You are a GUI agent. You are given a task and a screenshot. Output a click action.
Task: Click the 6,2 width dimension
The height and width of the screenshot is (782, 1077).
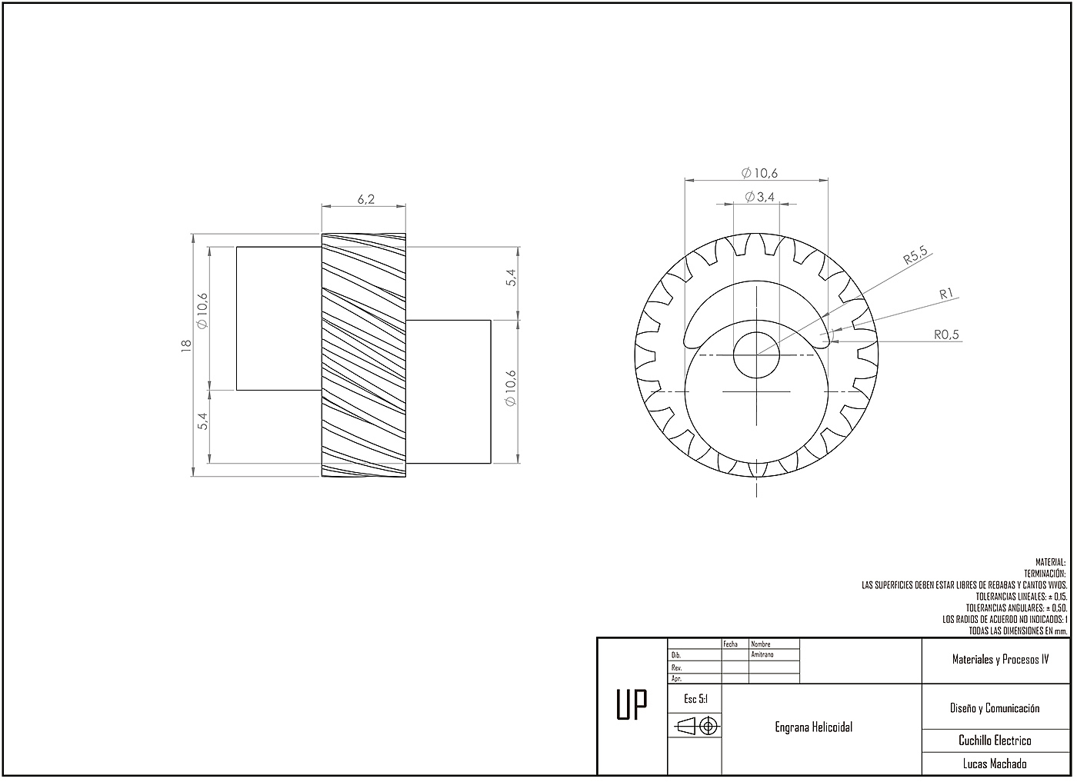point(365,199)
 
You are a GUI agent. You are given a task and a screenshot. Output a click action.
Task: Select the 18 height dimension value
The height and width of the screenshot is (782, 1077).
point(186,345)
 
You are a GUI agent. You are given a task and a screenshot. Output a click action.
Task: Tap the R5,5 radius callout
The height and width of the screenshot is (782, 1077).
point(915,255)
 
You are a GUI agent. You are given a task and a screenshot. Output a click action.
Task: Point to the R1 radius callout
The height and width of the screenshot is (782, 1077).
point(946,294)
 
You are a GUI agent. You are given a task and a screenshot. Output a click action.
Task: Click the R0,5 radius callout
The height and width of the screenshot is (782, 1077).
point(946,334)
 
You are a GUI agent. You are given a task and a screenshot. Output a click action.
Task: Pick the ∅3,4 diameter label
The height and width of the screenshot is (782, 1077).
point(760,197)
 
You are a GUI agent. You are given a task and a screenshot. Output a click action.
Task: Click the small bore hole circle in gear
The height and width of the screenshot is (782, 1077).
point(756,354)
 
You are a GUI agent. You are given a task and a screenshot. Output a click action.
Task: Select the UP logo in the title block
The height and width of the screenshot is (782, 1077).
point(632,704)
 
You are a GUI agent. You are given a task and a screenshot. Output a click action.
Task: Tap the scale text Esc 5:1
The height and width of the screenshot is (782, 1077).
point(695,699)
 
